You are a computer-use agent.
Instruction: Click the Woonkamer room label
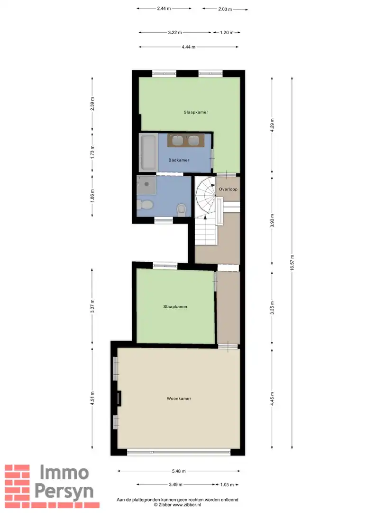pos(179,399)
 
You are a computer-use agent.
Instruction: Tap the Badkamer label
pos(179,160)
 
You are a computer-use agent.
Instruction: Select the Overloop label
pos(228,189)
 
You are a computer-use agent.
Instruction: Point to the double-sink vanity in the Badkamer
pos(186,140)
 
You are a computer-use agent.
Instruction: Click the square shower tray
pos(146,185)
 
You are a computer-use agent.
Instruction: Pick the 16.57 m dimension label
pos(292,262)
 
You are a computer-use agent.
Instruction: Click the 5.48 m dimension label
pos(179,471)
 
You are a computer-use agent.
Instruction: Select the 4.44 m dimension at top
pos(188,47)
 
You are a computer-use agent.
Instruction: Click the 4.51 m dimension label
pos(92,398)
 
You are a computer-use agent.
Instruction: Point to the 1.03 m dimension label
pos(227,484)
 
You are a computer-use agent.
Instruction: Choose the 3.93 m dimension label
pos(272,220)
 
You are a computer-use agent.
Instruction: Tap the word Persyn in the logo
pos(64,492)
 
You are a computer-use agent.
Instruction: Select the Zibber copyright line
pos(177,505)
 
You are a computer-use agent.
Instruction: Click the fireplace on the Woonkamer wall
pos(119,399)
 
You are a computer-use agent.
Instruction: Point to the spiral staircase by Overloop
pos(206,197)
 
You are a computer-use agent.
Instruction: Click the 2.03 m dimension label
pos(225,9)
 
